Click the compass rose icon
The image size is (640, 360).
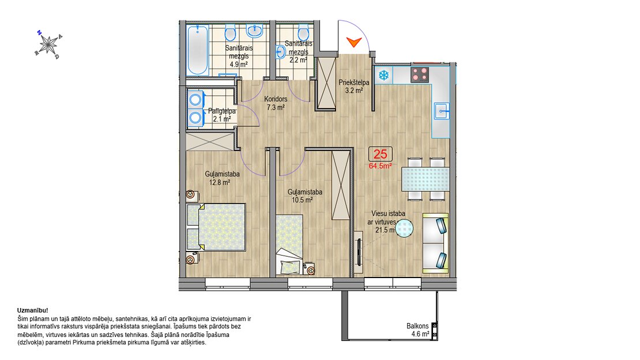(49, 44)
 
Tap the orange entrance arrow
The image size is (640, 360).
(354, 42)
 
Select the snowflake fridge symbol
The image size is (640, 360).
(383, 75)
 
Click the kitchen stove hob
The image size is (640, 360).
(420, 75)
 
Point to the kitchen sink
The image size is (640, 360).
(442, 111)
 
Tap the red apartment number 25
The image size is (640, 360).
(380, 154)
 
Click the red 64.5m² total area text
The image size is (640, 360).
(380, 166)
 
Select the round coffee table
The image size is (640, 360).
(404, 228)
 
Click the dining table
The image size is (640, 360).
(426, 179)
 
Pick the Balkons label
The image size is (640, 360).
(417, 326)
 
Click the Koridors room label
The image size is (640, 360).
(276, 99)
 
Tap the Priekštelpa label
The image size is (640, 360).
(354, 82)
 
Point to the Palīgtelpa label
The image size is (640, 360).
(221, 111)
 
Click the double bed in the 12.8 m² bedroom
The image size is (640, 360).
(216, 227)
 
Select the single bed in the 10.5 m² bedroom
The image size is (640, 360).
(289, 245)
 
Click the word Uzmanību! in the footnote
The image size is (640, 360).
(33, 310)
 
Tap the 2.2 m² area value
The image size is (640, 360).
(298, 60)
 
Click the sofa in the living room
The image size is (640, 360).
(435, 243)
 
